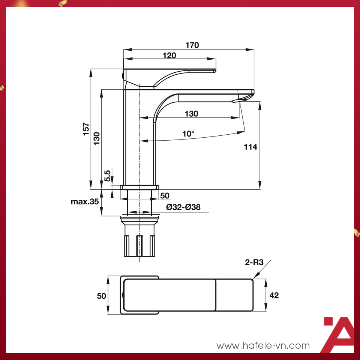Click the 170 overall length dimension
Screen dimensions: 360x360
pos(192,45)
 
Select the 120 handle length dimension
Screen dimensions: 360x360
pos(169,55)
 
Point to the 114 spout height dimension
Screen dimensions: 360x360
pos(250,147)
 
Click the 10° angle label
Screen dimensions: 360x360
pos(188,134)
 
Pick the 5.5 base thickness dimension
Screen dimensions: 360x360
pos(108,175)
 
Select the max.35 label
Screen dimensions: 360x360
pos(85,202)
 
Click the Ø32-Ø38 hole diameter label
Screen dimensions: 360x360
pos(183,207)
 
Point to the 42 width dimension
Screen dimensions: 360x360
pos(274,295)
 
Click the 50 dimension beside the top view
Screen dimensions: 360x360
pos(101,296)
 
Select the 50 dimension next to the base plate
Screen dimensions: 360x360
pos(165,196)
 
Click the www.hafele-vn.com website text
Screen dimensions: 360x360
pos(263,345)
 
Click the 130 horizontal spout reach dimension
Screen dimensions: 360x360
pos(191,114)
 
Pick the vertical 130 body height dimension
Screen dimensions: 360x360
pos(97,139)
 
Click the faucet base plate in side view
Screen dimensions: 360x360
pos(139,187)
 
